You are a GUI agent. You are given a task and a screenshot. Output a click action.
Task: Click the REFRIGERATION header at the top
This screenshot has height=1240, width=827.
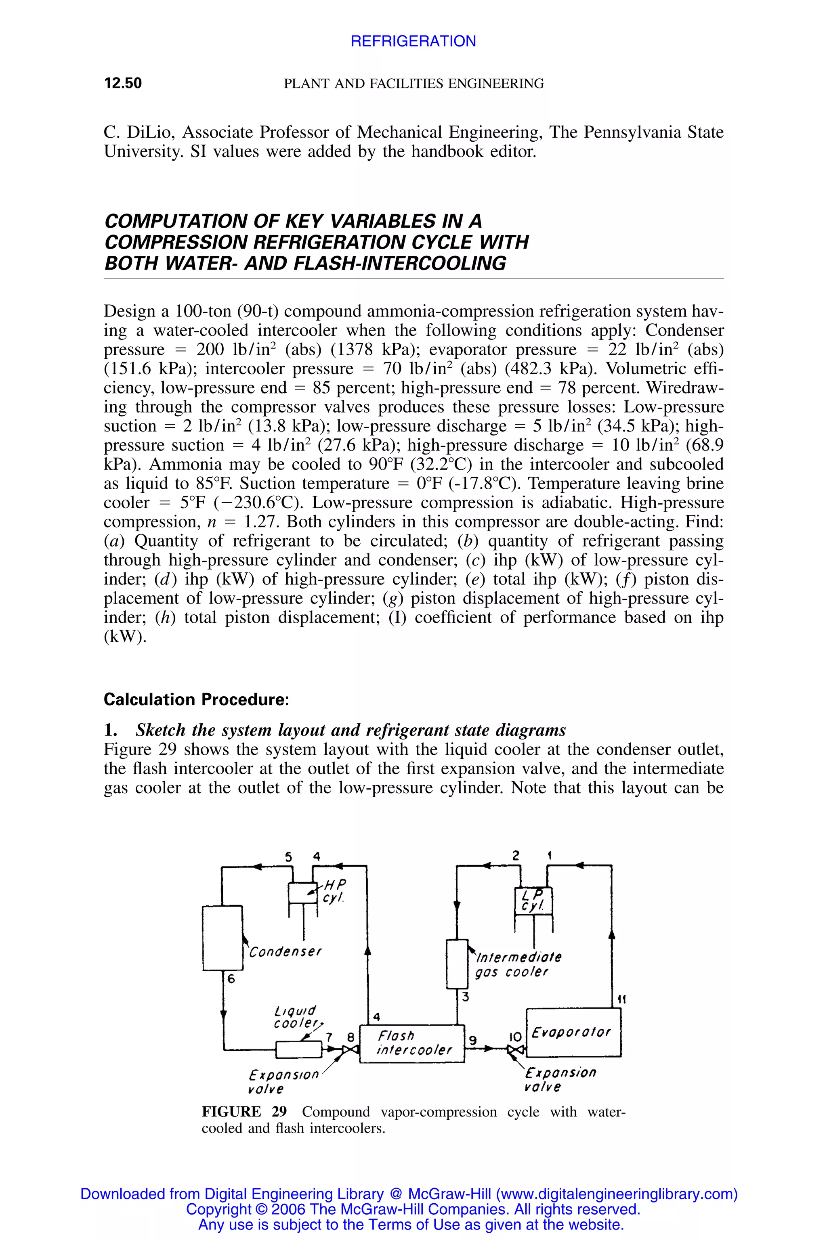(413, 41)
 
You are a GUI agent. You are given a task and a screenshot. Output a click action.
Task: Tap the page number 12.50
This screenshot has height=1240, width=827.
(123, 83)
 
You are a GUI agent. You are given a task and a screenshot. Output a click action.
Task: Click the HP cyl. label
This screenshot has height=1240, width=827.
(334, 890)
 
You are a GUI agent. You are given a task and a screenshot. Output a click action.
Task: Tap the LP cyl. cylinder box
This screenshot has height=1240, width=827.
(533, 901)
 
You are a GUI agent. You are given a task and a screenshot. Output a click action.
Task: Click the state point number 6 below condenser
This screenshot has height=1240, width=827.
(231, 978)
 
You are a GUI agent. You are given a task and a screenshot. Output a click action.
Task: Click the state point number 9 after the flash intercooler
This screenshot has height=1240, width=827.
(473, 1040)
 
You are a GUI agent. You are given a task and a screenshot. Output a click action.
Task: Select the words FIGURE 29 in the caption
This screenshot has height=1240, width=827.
(244, 1112)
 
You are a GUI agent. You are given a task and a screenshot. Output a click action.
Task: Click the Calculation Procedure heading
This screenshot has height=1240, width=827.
(196, 700)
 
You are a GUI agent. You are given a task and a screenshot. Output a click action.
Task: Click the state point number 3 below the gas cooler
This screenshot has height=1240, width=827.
(466, 997)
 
